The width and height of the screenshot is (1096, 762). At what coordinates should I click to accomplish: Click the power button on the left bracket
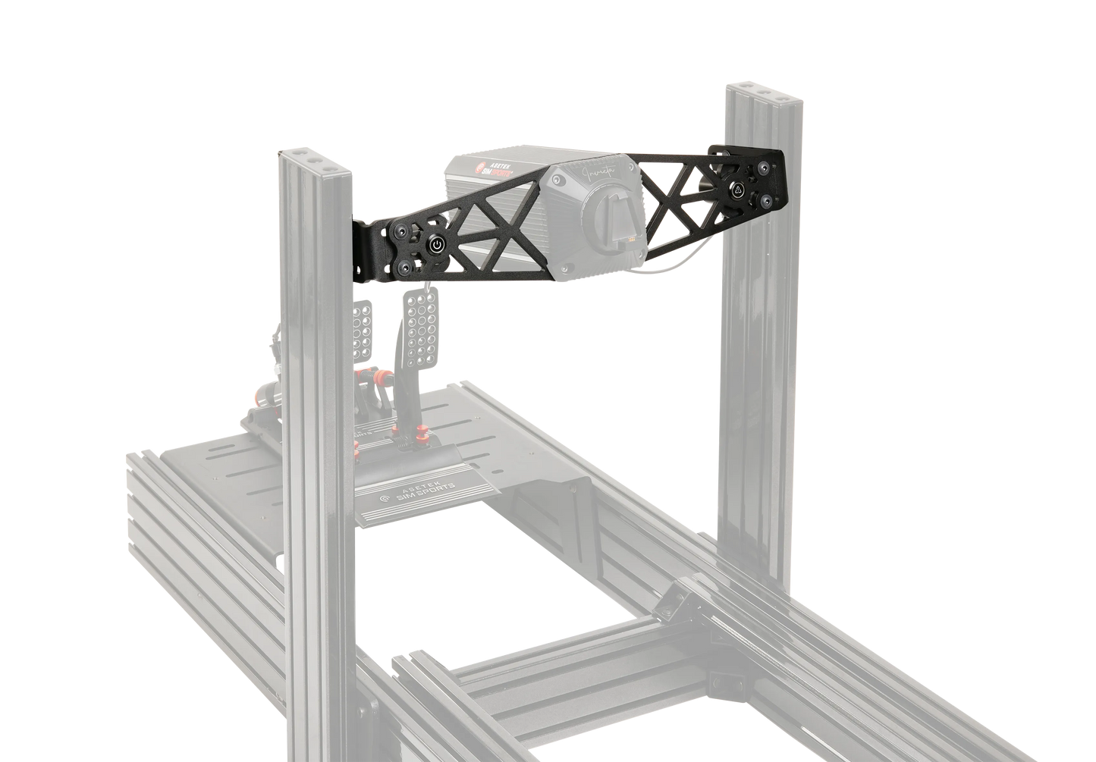pos(437,245)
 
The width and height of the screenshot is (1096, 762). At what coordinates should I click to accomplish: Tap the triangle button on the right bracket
pos(735,190)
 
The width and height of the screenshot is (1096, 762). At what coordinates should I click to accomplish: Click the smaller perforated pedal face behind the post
pos(363,318)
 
